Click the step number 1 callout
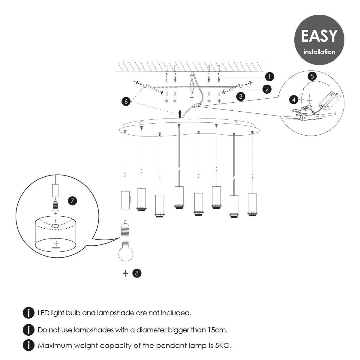tap(269, 76)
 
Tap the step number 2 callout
tap(267, 89)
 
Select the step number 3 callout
tap(241, 97)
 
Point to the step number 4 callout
tap(294, 100)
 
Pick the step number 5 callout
tap(312, 76)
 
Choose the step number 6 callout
tap(126, 101)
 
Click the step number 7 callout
tap(72, 201)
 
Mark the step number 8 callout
tap(137, 273)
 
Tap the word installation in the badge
tap(319, 52)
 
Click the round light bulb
tap(126, 251)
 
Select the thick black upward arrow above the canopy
tap(180, 114)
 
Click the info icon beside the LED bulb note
tap(28, 313)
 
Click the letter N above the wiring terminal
tap(301, 94)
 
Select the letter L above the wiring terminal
tap(310, 95)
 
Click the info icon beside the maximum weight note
tap(28, 345)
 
